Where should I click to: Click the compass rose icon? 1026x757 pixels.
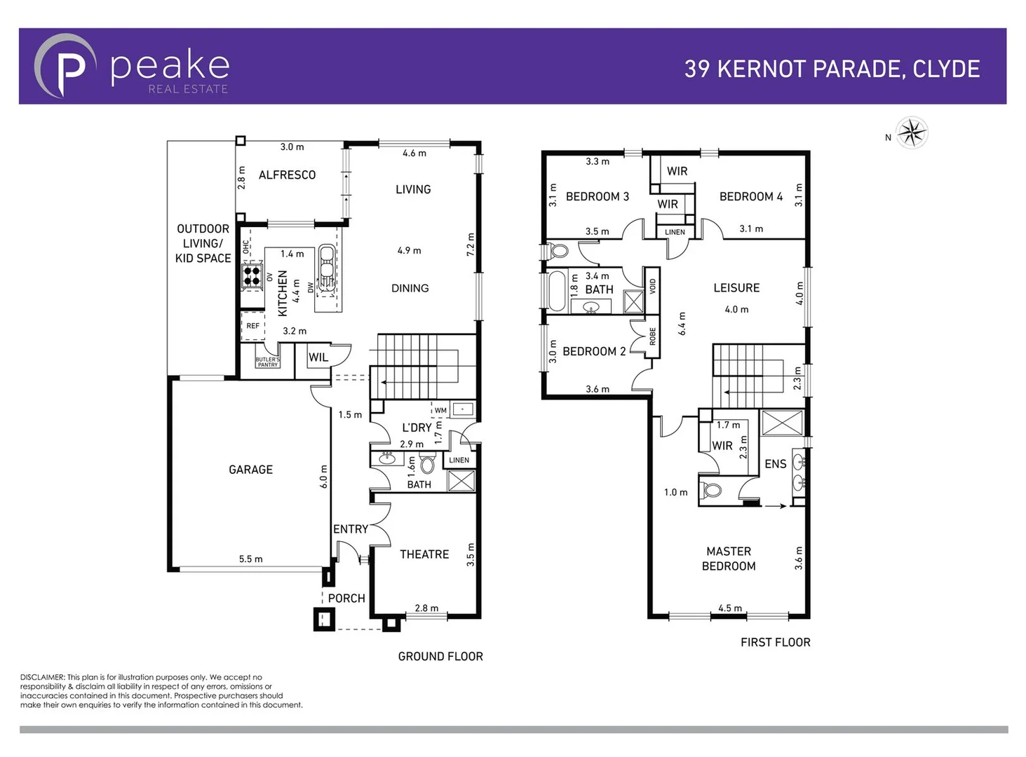pyautogui.click(x=912, y=132)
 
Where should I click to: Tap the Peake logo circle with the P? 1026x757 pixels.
pyautogui.click(x=65, y=66)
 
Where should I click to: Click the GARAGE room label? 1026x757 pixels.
pyautogui.click(x=250, y=470)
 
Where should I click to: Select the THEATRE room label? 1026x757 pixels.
pyautogui.click(x=424, y=554)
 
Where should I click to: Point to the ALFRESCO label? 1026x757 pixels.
pyautogui.click(x=287, y=175)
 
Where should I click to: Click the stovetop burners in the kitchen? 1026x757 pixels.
pyautogui.click(x=252, y=275)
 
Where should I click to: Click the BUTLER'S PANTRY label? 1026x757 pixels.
pyautogui.click(x=267, y=362)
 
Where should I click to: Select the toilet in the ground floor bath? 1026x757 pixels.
pyautogui.click(x=427, y=465)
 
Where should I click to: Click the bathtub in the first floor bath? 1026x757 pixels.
pyautogui.click(x=557, y=290)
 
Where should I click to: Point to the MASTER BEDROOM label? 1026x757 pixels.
pyautogui.click(x=729, y=559)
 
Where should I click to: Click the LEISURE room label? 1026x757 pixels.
pyautogui.click(x=736, y=288)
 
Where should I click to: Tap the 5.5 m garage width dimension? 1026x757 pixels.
pyautogui.click(x=250, y=559)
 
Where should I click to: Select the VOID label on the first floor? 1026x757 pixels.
pyautogui.click(x=652, y=286)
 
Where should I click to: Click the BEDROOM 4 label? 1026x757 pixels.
pyautogui.click(x=750, y=197)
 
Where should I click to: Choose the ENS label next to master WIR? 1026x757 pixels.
pyautogui.click(x=775, y=464)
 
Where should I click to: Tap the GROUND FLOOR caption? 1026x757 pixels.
pyautogui.click(x=440, y=657)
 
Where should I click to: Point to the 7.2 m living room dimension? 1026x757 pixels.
pyautogui.click(x=471, y=245)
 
